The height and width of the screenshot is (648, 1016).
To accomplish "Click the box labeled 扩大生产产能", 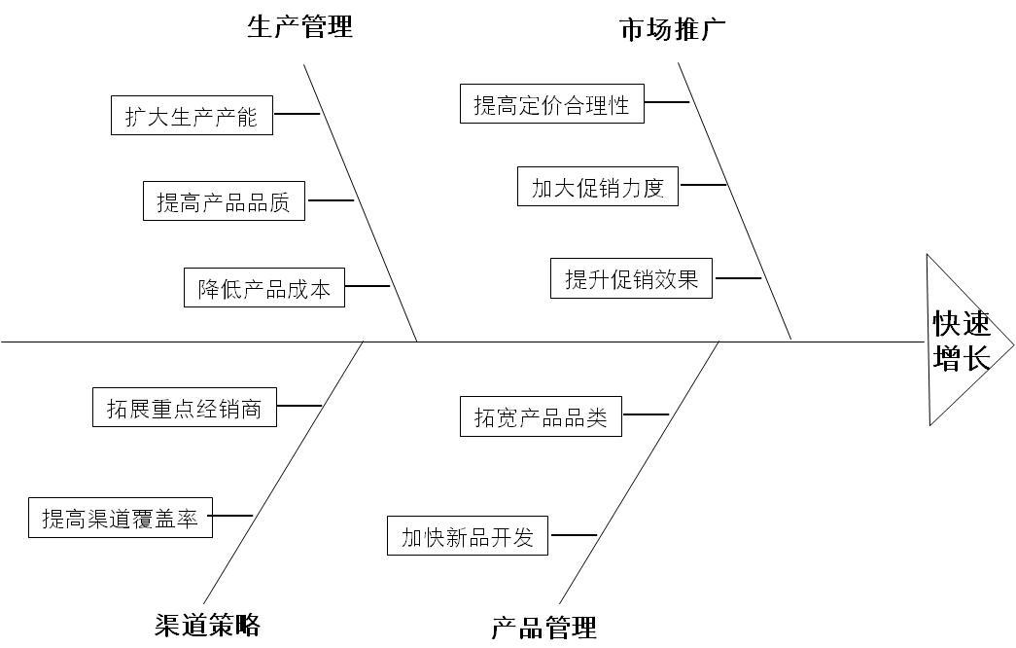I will point(192,116).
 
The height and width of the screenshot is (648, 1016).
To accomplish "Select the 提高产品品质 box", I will point(224,201).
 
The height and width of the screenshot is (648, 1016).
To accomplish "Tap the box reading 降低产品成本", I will point(264,288).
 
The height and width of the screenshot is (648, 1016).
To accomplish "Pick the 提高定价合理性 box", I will point(551,104).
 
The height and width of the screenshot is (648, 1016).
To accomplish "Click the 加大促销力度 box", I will point(597,187).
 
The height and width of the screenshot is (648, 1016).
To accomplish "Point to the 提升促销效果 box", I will point(631,278).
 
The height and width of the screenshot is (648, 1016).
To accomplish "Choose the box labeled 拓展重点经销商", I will point(184,408).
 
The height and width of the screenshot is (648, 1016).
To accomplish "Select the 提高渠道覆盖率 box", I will point(120,518).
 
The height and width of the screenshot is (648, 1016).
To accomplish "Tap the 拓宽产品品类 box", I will point(541,416).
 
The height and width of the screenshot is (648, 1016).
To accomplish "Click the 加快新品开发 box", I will point(468,536).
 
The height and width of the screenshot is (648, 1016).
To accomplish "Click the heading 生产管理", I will point(299,26).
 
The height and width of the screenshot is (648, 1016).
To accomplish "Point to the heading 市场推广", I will point(673,28).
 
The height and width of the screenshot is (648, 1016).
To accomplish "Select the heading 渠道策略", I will point(207,624).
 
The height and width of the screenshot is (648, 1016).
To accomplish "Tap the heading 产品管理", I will point(543,628).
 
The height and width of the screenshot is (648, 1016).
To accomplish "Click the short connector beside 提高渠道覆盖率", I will point(232,516).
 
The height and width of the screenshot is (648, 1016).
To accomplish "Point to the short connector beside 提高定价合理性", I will point(666,101).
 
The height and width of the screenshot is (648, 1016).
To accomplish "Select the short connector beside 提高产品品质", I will point(331,200).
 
